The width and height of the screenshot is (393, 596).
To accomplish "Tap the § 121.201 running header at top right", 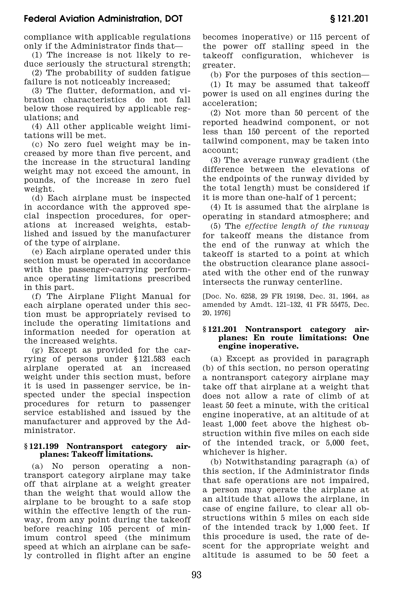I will (x=349, y=19).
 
